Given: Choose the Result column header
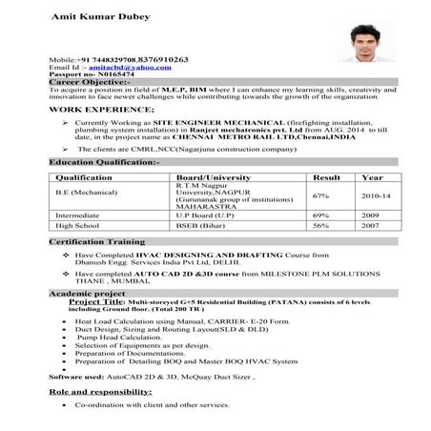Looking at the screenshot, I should (326, 177).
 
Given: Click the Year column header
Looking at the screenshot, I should (372, 177).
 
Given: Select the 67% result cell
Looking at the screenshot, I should (320, 195).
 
